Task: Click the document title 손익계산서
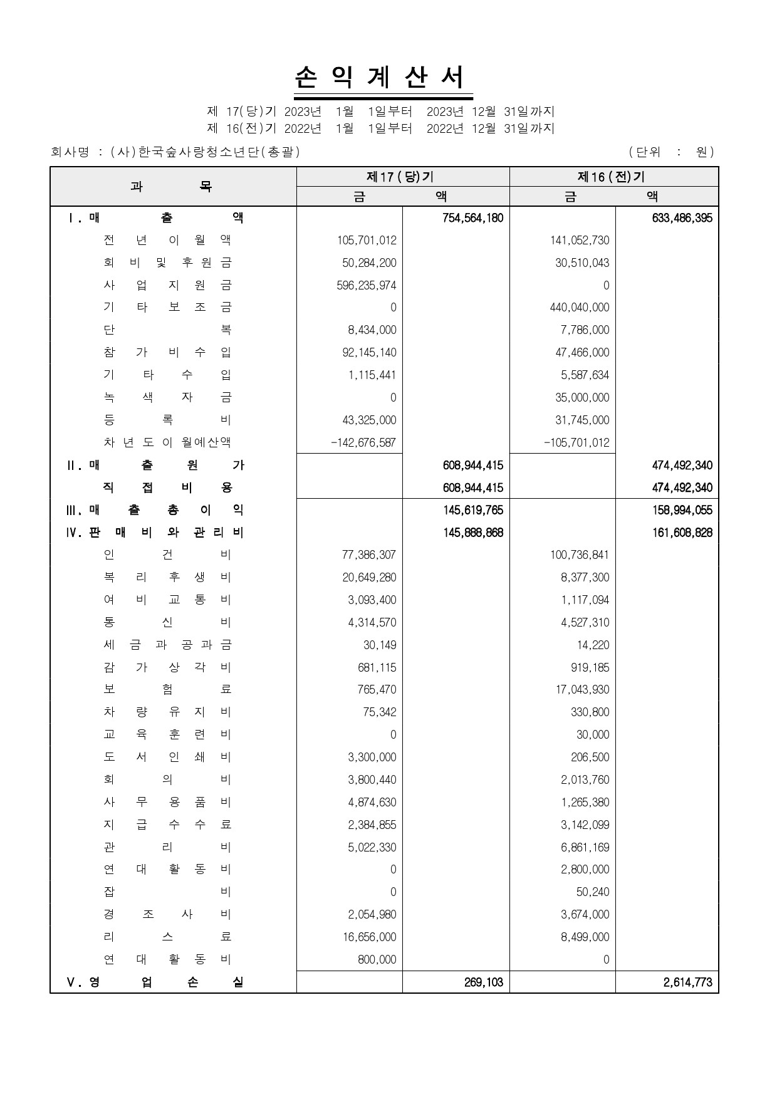click(x=382, y=78)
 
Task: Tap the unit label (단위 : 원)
click(x=671, y=152)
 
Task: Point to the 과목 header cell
click(x=172, y=187)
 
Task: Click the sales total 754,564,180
click(x=472, y=218)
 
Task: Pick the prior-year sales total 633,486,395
click(x=682, y=218)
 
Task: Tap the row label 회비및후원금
click(x=167, y=263)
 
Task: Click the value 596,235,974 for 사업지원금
click(x=367, y=285)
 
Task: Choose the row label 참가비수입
click(x=167, y=352)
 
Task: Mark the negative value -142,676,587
click(x=363, y=442)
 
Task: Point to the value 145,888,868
click(x=472, y=533)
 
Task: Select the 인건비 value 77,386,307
click(x=369, y=555)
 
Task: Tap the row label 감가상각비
click(x=167, y=667)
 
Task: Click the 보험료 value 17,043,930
click(x=585, y=690)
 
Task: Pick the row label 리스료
click(x=167, y=937)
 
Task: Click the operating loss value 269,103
click(x=483, y=982)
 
